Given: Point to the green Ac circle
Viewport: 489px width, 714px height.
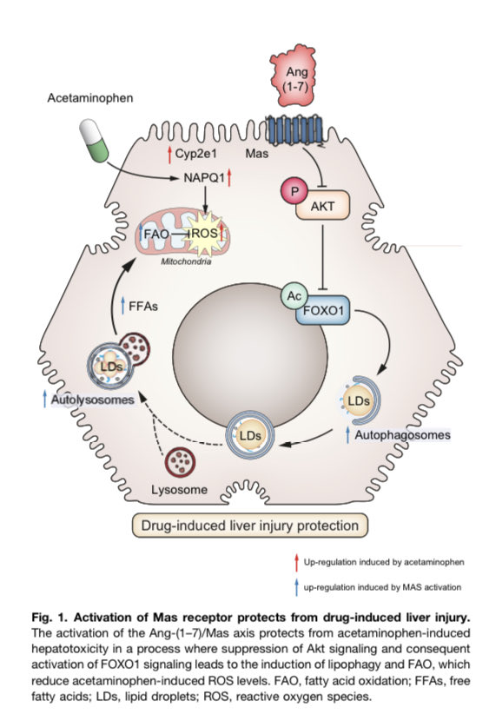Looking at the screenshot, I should pyautogui.click(x=294, y=296).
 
